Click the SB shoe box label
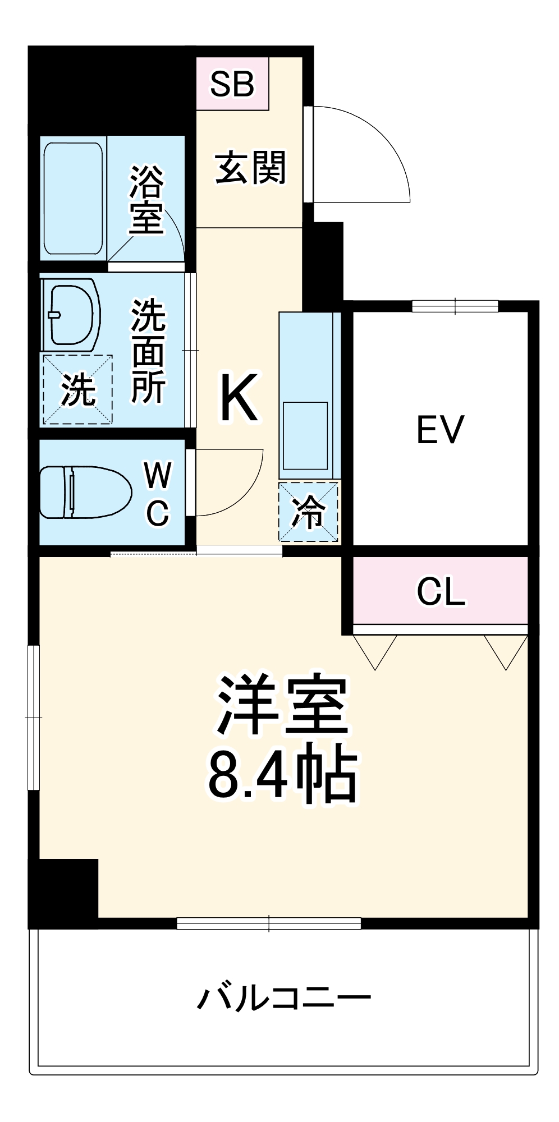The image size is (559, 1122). click(232, 84)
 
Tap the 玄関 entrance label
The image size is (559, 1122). click(250, 168)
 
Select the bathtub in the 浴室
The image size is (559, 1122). click(74, 198)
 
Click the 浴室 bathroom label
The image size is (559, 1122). click(146, 199)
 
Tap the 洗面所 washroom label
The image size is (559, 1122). click(148, 352)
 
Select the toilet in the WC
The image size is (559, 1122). click(84, 492)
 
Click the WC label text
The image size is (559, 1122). click(157, 494)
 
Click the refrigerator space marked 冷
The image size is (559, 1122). click(309, 512)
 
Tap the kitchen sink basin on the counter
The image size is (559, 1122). click(305, 436)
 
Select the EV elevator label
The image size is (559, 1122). click(440, 430)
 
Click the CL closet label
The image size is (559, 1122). click(441, 591)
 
